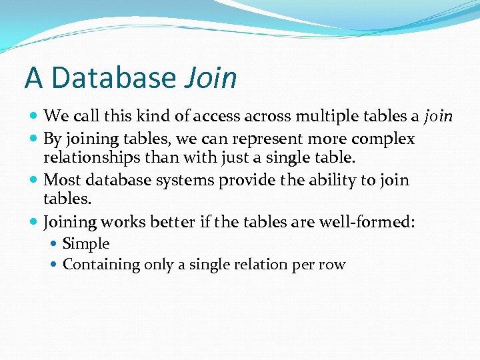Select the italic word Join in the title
point(211,78)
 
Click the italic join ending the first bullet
point(439,117)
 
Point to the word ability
point(329,180)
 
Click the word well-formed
point(369,221)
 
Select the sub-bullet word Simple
point(86,244)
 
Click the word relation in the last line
point(263,265)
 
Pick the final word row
point(331,265)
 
